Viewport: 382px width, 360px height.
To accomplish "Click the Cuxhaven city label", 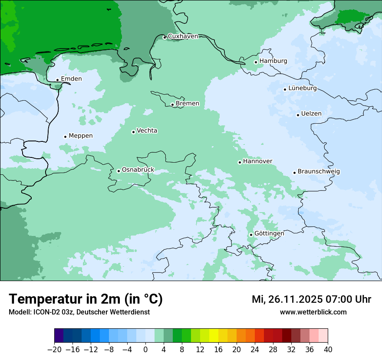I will click(183, 36).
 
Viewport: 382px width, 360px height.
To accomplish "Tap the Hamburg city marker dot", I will click(256, 62).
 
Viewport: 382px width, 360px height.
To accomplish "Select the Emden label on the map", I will click(71, 79).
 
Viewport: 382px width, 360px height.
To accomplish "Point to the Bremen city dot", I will click(172, 105).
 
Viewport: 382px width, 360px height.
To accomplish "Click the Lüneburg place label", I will click(303, 88).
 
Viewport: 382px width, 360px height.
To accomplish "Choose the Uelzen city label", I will click(311, 114).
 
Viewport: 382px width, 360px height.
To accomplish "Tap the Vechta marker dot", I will click(133, 132).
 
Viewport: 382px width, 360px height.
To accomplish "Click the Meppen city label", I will click(81, 136).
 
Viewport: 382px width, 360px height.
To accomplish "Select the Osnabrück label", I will click(138, 170).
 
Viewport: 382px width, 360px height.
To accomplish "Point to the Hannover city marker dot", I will click(240, 162).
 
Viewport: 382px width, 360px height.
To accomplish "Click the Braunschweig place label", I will click(319, 171).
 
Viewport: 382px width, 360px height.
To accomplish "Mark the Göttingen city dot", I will click(251, 235).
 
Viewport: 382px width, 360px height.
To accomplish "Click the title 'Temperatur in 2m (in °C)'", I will click(86, 299).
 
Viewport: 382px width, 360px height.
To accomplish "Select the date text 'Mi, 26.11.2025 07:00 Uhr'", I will click(311, 299).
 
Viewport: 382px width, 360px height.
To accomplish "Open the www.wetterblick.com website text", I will click(313, 312).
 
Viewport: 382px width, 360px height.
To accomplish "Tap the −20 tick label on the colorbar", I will click(54, 350).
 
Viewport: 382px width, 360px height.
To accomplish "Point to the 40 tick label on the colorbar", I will click(328, 350).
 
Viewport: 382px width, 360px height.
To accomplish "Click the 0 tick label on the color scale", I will click(145, 350).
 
